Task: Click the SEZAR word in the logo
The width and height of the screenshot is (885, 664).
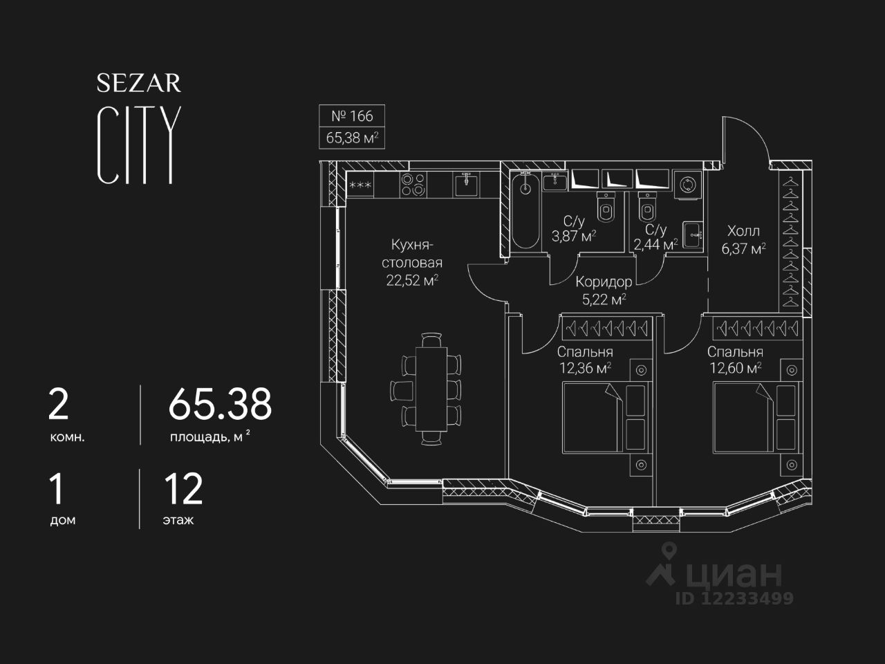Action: [138, 83]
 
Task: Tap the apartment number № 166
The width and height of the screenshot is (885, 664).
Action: [352, 116]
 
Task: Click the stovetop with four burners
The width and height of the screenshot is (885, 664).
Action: [413, 184]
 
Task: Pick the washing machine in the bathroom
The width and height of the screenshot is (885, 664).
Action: [688, 185]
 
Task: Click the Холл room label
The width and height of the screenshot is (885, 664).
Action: [743, 231]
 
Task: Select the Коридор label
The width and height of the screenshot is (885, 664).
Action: [604, 282]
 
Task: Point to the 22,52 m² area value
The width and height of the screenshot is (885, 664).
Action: [413, 280]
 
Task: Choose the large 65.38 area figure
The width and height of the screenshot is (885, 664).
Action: [220, 404]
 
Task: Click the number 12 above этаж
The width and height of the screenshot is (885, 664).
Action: [183, 489]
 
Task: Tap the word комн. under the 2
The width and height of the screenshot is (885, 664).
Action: [67, 438]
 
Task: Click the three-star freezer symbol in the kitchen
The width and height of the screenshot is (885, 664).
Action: [360, 185]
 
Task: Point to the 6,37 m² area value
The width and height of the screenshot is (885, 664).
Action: [743, 248]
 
